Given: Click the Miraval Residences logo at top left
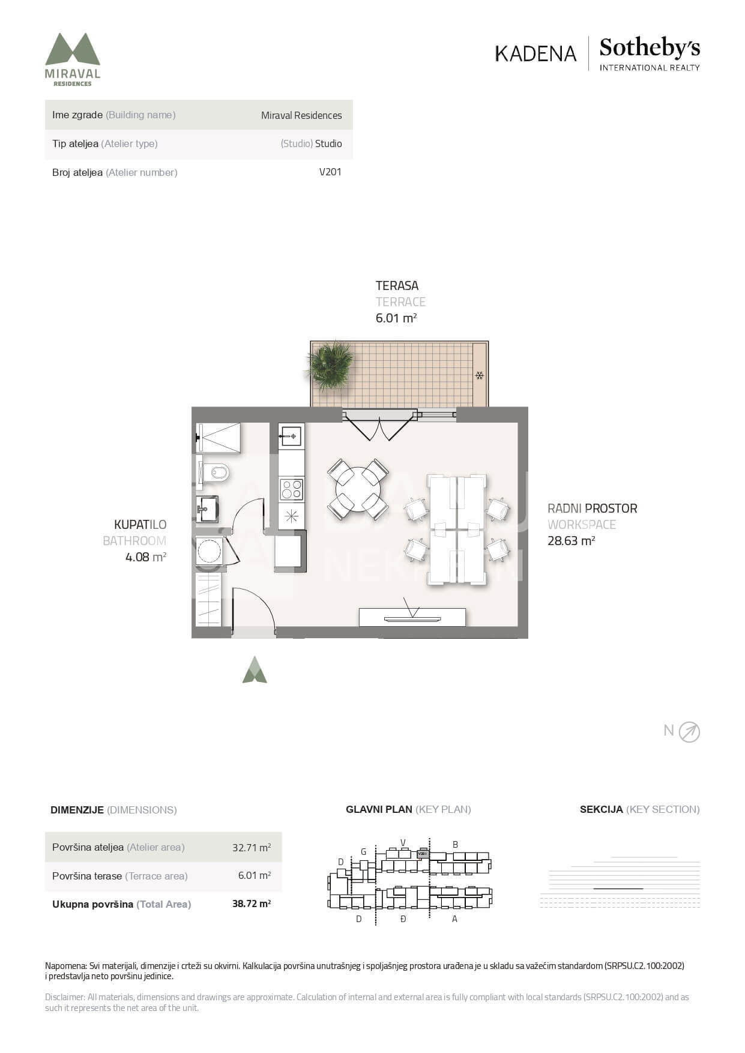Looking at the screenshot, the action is (73, 59).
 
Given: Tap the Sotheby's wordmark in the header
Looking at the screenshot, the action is (650, 48).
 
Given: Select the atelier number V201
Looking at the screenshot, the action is (330, 172).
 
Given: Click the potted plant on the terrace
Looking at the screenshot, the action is (330, 365).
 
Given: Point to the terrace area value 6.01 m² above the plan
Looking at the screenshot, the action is (396, 318).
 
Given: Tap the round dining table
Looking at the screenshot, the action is (358, 489).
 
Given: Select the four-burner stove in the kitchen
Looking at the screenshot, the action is (292, 489).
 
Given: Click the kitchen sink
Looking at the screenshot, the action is (291, 436).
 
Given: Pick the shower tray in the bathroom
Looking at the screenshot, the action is (219, 438).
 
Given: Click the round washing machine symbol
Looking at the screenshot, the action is (210, 551).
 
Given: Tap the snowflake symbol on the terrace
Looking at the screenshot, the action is (480, 376).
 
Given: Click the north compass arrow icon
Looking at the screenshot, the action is (689, 732).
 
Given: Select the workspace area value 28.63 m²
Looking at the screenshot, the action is (571, 541).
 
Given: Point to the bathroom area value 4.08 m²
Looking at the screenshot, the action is (146, 557).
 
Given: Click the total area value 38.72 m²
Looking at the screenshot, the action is (252, 904).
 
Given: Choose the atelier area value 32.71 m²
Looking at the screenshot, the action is (252, 848).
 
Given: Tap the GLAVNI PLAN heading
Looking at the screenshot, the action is (379, 809).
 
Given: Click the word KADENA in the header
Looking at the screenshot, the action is (535, 53).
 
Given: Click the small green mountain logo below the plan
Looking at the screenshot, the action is (255, 669).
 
